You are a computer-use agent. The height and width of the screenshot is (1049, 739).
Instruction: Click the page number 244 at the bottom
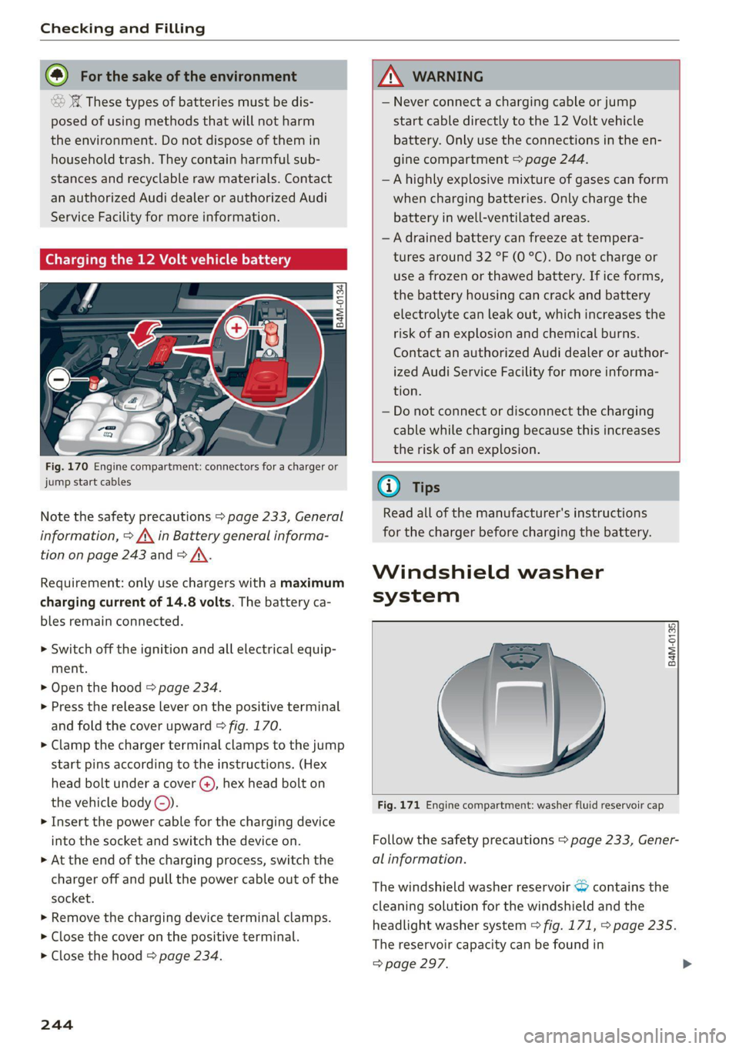click(x=57, y=1024)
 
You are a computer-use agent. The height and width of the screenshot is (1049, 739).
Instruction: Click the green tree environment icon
click(x=57, y=75)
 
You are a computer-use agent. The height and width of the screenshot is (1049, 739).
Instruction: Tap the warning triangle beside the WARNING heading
click(x=391, y=76)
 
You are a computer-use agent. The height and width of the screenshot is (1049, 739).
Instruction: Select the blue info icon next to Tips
click(x=389, y=486)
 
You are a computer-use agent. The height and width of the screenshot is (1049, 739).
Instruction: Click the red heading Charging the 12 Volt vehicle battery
click(x=168, y=259)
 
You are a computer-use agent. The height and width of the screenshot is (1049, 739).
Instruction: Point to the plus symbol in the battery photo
click(x=236, y=328)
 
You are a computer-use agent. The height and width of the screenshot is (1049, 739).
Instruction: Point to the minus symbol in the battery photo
click(x=59, y=379)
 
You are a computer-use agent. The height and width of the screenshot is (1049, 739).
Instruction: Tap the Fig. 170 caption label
click(x=66, y=466)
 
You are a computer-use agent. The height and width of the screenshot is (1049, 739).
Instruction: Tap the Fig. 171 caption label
click(x=399, y=805)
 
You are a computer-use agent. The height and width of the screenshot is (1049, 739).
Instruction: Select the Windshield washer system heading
click(x=487, y=583)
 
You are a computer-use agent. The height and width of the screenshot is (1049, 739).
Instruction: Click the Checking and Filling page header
click(x=122, y=28)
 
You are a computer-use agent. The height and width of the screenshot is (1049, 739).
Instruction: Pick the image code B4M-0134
click(x=339, y=306)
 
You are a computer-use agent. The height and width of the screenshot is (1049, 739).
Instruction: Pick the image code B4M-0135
click(x=672, y=644)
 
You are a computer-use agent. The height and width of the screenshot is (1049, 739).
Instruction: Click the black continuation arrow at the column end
click(x=687, y=964)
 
